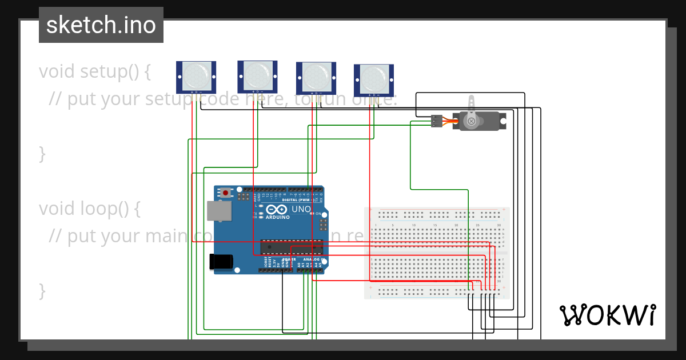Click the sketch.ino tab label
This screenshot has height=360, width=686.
101,25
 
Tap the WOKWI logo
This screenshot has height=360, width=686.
607,315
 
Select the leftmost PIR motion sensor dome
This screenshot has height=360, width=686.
196,75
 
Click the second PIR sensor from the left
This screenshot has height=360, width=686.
258,75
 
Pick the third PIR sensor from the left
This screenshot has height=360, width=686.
316,76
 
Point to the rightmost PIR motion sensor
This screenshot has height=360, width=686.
374,79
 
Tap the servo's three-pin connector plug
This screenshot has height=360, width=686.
437,121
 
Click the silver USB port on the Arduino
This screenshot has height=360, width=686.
219,211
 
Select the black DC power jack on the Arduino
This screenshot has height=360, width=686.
221,261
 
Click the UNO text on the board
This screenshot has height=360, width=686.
301,210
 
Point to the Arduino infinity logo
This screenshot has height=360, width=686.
270,210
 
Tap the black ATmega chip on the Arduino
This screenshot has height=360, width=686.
292,247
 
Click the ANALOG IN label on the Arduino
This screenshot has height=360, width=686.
311,260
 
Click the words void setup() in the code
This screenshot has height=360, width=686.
95,71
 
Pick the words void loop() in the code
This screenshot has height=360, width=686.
90,209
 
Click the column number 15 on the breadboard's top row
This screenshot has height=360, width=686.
435,225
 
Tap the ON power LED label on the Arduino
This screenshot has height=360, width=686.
319,213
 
